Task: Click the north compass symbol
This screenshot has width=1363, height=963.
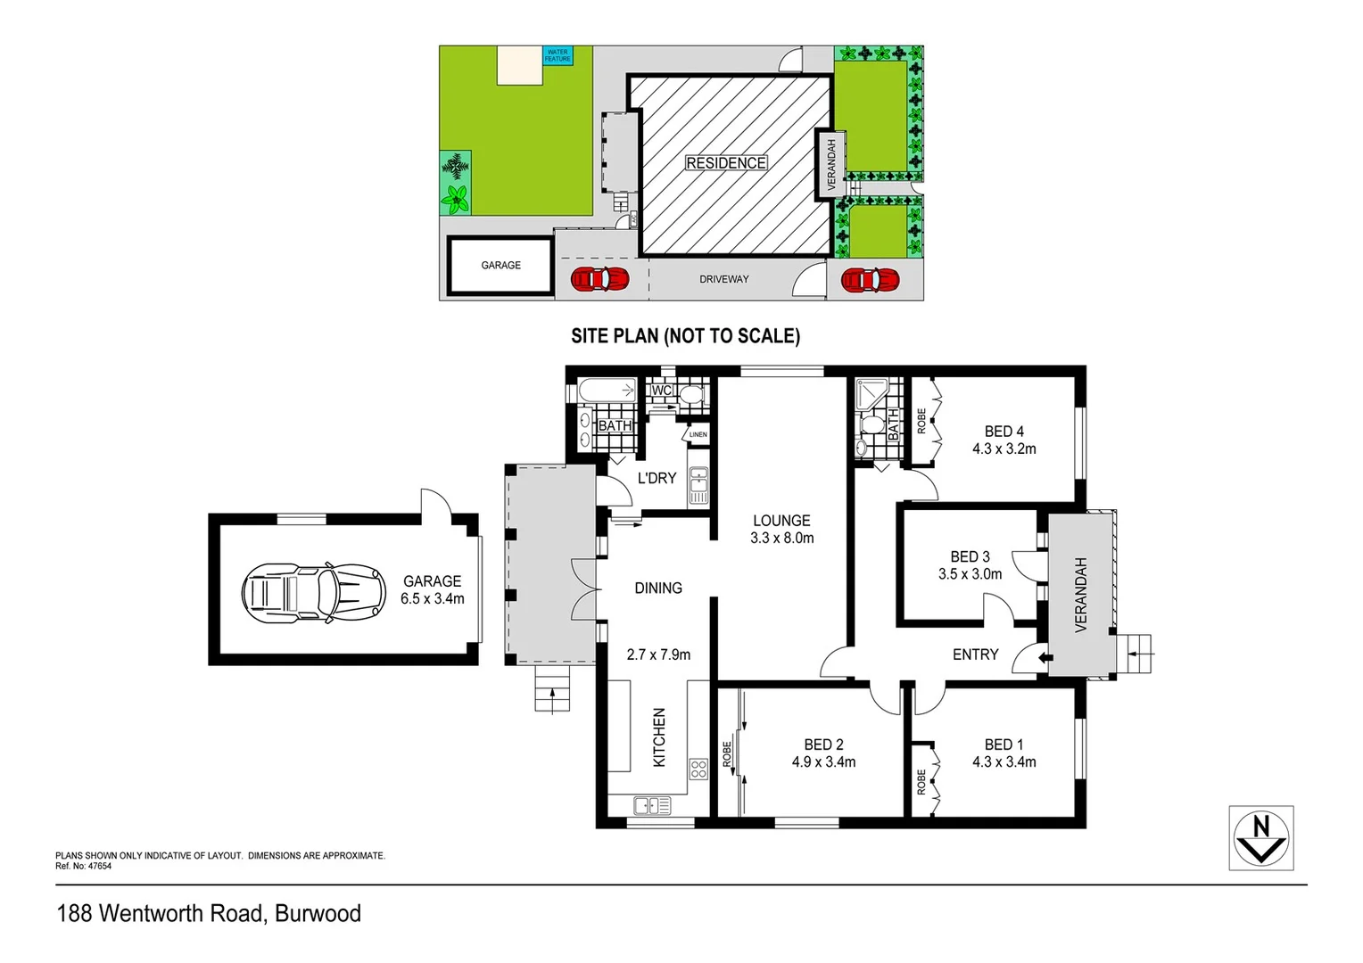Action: point(1260,838)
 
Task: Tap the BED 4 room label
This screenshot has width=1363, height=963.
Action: point(1004,432)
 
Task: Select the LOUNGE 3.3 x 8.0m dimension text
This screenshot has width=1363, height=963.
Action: point(781,539)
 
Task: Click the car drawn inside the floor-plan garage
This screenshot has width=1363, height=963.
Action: point(313,591)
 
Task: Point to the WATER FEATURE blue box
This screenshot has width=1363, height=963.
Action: point(558,55)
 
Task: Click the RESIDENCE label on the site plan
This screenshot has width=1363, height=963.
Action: point(725,163)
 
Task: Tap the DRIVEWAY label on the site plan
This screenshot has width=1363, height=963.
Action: point(723,279)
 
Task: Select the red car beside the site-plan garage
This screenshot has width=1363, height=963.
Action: point(599,279)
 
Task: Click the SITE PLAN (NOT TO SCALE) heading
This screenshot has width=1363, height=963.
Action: point(685,336)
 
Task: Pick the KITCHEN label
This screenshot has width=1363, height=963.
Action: point(659,737)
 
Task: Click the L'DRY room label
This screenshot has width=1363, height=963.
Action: point(657,478)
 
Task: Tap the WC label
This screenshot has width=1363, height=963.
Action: point(661,391)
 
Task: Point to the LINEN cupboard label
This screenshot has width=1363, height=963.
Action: point(698,435)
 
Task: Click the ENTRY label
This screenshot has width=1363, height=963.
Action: point(975,654)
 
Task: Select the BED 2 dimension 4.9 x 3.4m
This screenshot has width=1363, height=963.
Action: point(823,762)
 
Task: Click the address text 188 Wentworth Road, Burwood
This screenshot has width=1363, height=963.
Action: point(209,914)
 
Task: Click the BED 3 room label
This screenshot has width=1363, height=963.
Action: point(970,556)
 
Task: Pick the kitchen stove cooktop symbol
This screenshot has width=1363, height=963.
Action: point(698,769)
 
